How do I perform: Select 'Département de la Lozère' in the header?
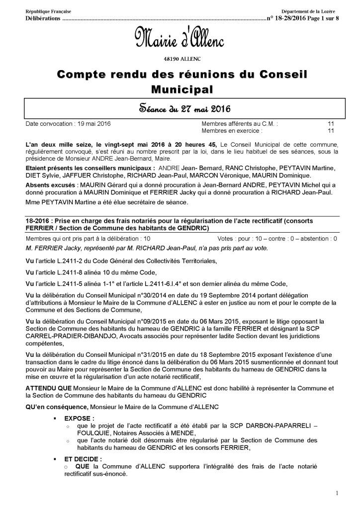309,11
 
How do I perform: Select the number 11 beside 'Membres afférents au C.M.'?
330,123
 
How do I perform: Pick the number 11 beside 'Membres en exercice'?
330,130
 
